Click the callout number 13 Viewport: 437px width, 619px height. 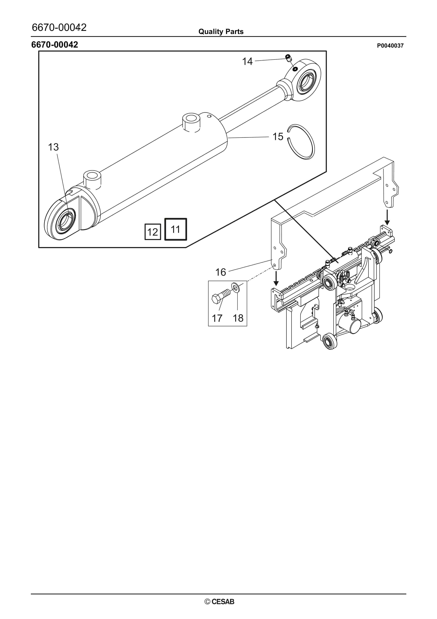click(x=53, y=147)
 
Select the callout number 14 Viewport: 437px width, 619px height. click(x=247, y=61)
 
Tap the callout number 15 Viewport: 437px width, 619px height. click(x=278, y=137)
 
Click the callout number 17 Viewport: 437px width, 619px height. click(x=217, y=318)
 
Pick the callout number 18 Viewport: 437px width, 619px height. click(x=238, y=318)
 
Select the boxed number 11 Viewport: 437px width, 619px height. click(x=176, y=229)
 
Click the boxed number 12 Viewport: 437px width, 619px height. click(x=153, y=232)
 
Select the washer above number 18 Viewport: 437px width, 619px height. click(x=235, y=287)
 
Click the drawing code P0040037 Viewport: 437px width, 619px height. click(x=390, y=46)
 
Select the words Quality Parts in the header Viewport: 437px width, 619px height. click(x=221, y=32)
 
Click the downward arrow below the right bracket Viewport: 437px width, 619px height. click(x=387, y=217)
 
